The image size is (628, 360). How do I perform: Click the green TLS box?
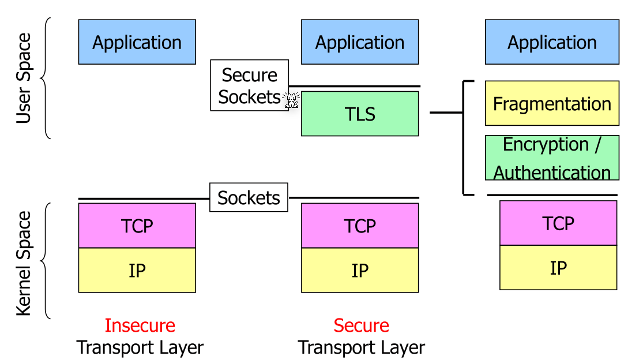click(x=360, y=114)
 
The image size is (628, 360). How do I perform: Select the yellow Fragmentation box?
click(x=552, y=103)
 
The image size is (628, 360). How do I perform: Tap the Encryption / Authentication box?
click(x=552, y=158)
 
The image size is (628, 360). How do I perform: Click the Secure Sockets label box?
click(x=249, y=85)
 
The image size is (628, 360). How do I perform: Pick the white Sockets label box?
click(x=249, y=198)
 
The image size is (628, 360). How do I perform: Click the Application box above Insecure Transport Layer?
click(x=137, y=42)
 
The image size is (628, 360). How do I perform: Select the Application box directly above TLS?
click(x=360, y=42)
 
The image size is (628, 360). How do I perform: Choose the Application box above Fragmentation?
click(x=552, y=42)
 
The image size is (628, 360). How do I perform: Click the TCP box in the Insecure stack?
click(x=137, y=226)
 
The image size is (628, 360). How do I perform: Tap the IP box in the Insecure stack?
click(x=137, y=270)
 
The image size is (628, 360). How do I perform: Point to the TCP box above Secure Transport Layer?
click(x=360, y=226)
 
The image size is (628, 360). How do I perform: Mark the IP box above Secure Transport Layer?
click(x=360, y=270)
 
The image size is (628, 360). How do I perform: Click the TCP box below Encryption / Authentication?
click(x=558, y=223)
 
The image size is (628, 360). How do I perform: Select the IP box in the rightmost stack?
click(x=558, y=268)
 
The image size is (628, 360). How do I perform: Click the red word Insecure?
click(x=140, y=325)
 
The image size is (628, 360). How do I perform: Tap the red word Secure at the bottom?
click(x=361, y=325)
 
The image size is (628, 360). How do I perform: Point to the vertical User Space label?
click(x=24, y=78)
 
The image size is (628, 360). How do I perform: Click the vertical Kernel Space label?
click(x=24, y=263)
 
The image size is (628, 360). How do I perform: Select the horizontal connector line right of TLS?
click(x=446, y=112)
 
